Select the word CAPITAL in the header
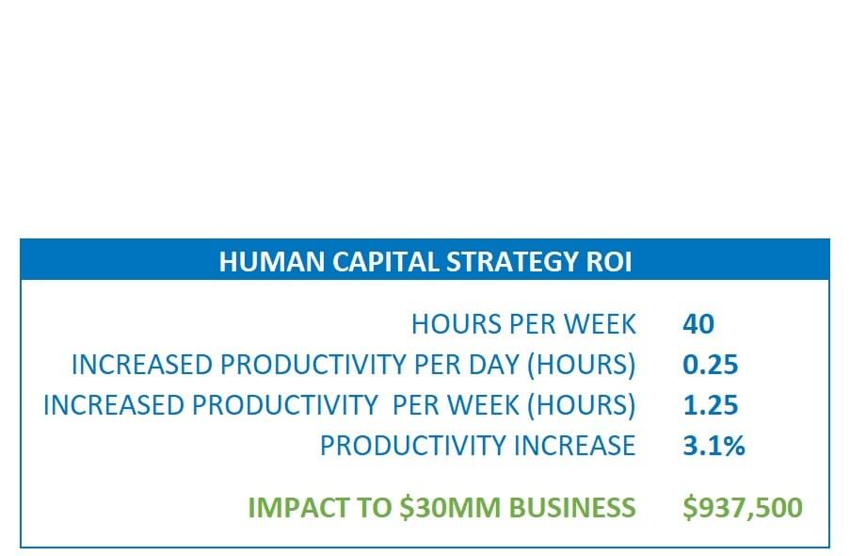pos(386,262)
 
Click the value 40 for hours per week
pos(698,324)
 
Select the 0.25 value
pos(710,365)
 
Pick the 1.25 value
pos(710,405)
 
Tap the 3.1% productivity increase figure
pos(714,446)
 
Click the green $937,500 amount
pos(743,508)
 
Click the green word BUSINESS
pos(572,508)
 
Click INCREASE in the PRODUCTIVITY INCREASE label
pos(574,446)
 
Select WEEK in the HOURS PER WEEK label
pos(601,324)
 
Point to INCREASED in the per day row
pos(142,365)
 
